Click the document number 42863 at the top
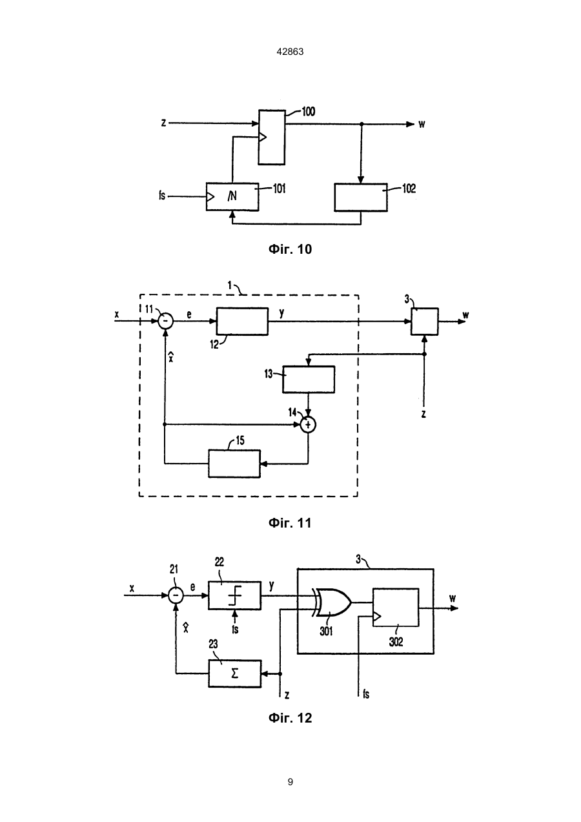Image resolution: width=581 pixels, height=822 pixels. [x=290, y=52]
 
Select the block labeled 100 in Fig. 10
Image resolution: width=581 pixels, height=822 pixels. [x=272, y=138]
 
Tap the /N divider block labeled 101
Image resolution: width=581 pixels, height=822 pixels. [x=232, y=197]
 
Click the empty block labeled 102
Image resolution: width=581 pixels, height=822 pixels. [x=361, y=198]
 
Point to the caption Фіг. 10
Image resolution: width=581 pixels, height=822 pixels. [x=290, y=249]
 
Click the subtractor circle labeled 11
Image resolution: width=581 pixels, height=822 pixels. [x=165, y=321]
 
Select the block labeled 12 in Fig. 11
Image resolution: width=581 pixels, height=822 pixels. [x=242, y=322]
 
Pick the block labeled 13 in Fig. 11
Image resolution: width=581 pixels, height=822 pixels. [x=309, y=380]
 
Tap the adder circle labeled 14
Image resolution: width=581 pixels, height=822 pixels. [x=308, y=425]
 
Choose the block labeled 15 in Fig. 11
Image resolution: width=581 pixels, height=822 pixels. [x=234, y=464]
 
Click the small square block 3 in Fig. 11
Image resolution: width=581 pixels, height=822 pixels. [x=424, y=322]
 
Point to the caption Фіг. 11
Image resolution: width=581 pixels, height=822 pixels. [x=290, y=522]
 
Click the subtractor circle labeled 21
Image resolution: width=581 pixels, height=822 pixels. [x=176, y=595]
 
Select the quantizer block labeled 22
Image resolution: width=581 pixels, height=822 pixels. [x=235, y=595]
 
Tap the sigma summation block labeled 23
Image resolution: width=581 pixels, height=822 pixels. [x=235, y=673]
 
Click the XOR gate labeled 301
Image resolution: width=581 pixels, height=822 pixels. [x=332, y=602]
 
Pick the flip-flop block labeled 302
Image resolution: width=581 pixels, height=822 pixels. [x=396, y=608]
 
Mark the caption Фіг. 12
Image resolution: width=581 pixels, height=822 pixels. [x=290, y=717]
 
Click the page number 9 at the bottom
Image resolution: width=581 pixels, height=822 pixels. [x=290, y=782]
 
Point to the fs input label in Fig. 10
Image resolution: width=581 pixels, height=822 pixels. [x=162, y=196]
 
